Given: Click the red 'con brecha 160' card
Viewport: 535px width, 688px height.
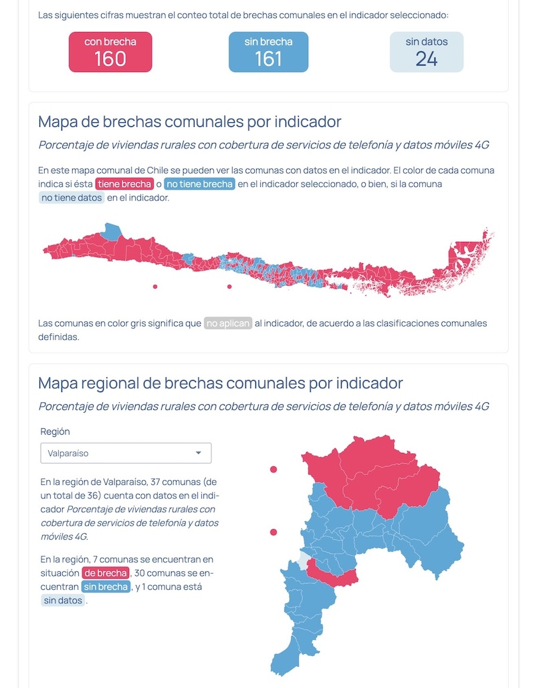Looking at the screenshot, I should pyautogui.click(x=110, y=51).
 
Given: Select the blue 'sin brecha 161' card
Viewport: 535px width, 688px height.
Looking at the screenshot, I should pyautogui.click(x=268, y=51).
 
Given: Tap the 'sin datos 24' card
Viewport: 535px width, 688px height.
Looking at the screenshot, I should pyautogui.click(x=426, y=51).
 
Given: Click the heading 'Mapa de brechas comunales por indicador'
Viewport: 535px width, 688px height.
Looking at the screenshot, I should pyautogui.click(x=190, y=122).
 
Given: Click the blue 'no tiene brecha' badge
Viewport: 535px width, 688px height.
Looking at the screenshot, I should pyautogui.click(x=199, y=184).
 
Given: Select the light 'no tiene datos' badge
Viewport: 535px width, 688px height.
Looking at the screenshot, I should pyautogui.click(x=72, y=198).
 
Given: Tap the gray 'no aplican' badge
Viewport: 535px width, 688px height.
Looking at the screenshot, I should pyautogui.click(x=228, y=324).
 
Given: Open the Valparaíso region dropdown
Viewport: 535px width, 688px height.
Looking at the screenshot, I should pyautogui.click(x=126, y=453).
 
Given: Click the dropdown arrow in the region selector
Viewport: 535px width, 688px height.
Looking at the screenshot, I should pyautogui.click(x=198, y=453).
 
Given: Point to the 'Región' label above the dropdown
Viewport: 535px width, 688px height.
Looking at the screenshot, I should pyautogui.click(x=55, y=432).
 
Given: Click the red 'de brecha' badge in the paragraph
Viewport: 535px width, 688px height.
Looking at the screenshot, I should pyautogui.click(x=105, y=573).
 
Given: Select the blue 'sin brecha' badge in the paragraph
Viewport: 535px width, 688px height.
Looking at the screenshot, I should pyautogui.click(x=105, y=586).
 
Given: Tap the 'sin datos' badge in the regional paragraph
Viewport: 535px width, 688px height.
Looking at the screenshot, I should pyautogui.click(x=63, y=600).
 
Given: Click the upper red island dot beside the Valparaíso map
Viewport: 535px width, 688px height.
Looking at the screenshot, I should pyautogui.click(x=274, y=470).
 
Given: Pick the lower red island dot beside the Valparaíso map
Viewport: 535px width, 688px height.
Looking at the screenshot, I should pyautogui.click(x=274, y=532).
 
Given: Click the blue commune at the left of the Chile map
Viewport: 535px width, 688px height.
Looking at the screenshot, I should pyautogui.click(x=112, y=231).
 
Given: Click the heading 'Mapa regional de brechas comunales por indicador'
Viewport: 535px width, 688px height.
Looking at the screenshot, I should pyautogui.click(x=221, y=383).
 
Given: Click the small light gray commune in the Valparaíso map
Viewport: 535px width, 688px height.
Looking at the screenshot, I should pyautogui.click(x=305, y=560).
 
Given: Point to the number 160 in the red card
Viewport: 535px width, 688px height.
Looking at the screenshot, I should pyautogui.click(x=110, y=59).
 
